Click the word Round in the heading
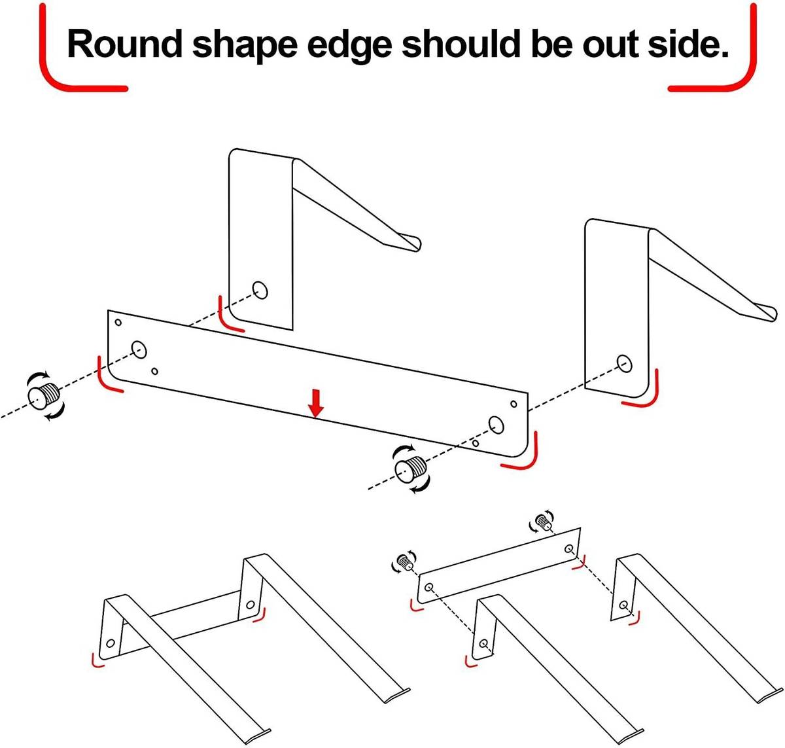(x=124, y=44)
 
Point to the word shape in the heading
(x=245, y=46)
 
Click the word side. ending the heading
(x=688, y=44)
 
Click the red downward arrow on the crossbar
(x=315, y=404)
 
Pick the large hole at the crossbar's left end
(x=139, y=350)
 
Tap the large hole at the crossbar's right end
(x=496, y=424)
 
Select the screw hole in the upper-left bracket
(x=260, y=290)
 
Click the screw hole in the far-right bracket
(x=624, y=363)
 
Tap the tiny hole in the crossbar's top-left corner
(x=118, y=322)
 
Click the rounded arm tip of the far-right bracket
(x=771, y=312)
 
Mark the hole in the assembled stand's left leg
(x=111, y=643)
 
